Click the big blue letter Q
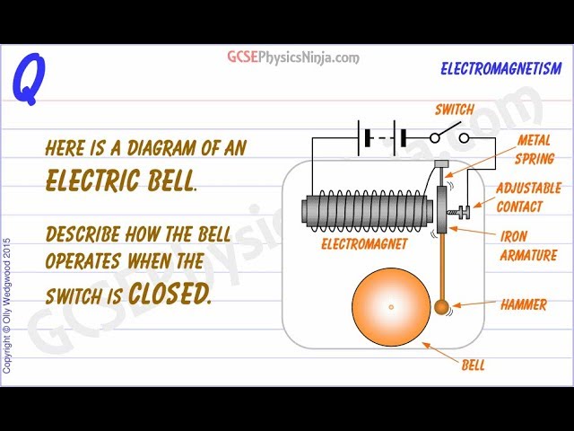(27, 79)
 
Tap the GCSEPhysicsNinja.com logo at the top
(292, 57)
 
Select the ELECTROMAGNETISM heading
(501, 68)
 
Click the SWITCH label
(454, 110)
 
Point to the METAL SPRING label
(535, 149)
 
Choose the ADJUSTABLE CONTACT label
(528, 197)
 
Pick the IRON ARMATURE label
(527, 244)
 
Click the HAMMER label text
(524, 304)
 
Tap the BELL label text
(474, 365)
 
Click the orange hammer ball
(441, 308)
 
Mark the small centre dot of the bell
(391, 307)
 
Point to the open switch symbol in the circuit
(448, 136)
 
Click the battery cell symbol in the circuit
(383, 137)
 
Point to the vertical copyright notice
(8, 305)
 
